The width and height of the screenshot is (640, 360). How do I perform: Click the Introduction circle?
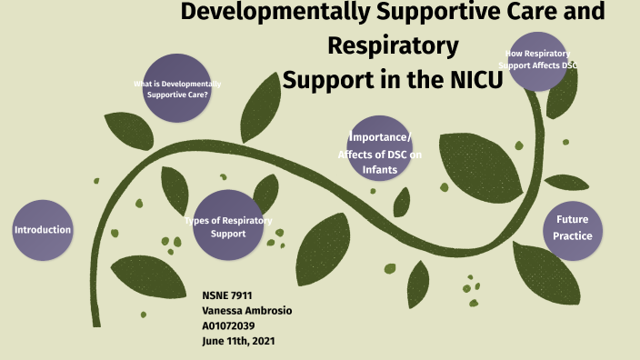coord(43,229)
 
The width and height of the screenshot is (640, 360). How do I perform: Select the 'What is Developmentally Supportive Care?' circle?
coord(177,89)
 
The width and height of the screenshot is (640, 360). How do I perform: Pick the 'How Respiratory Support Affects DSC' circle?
coord(543,60)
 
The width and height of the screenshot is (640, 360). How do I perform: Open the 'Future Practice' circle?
coord(573,228)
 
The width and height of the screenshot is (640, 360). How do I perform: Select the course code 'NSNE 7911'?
coord(227,296)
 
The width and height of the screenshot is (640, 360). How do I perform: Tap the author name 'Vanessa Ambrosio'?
coord(246,311)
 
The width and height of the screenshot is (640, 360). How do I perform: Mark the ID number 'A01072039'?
coord(229,325)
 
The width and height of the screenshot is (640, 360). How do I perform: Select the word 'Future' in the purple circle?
coord(573,220)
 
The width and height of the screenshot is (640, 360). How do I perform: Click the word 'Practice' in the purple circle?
coord(573,236)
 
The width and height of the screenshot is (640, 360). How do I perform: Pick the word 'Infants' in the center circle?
coord(380,169)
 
